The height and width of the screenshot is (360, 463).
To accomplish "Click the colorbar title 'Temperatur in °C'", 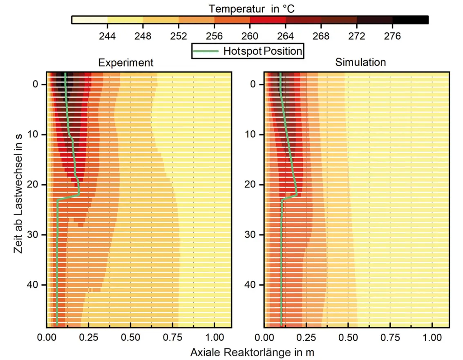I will tap(251, 8).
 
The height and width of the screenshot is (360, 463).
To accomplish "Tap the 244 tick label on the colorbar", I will tap(107, 36).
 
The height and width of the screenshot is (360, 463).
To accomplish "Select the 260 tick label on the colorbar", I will tap(250, 36).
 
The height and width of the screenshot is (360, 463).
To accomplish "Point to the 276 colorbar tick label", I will tap(392, 36).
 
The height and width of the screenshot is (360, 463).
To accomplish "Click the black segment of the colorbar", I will tap(410, 20).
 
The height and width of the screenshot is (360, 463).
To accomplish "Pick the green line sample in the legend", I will tap(206, 51).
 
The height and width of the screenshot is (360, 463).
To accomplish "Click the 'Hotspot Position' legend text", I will tap(262, 51).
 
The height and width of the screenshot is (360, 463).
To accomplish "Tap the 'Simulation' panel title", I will tap(360, 63).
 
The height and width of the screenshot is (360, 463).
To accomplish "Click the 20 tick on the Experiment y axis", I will tap(36, 185).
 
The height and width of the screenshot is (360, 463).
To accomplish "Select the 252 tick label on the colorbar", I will tap(179, 36).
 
